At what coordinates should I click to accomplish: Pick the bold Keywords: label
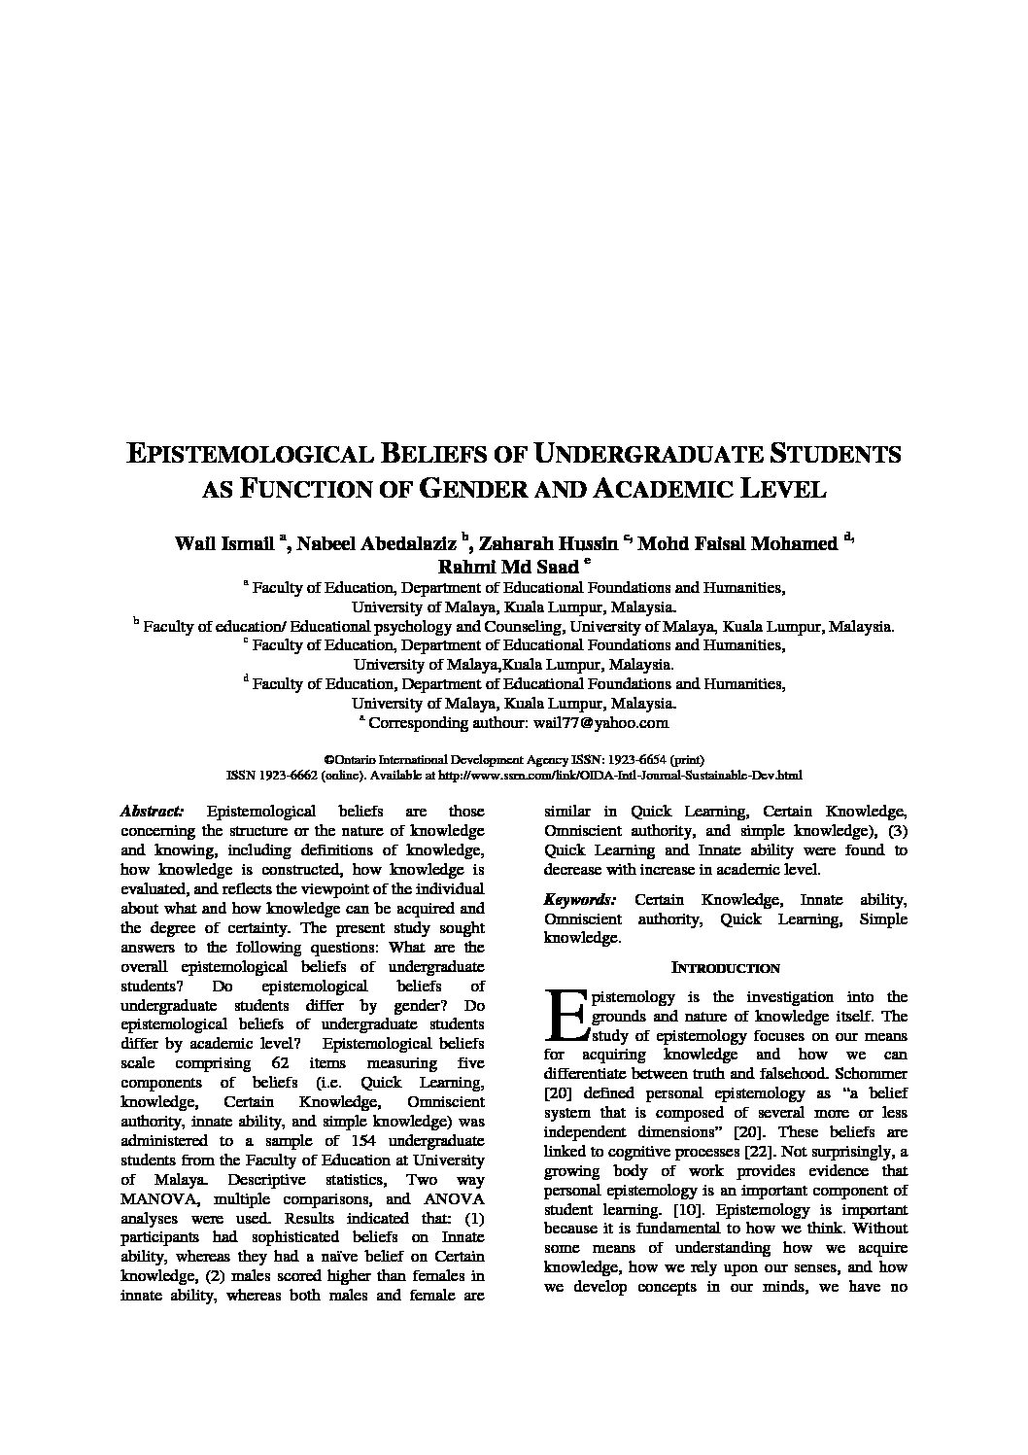pos(579,900)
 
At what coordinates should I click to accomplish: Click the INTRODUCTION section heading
pos(726,968)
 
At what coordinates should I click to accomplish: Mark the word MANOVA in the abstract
pos(155,1198)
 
